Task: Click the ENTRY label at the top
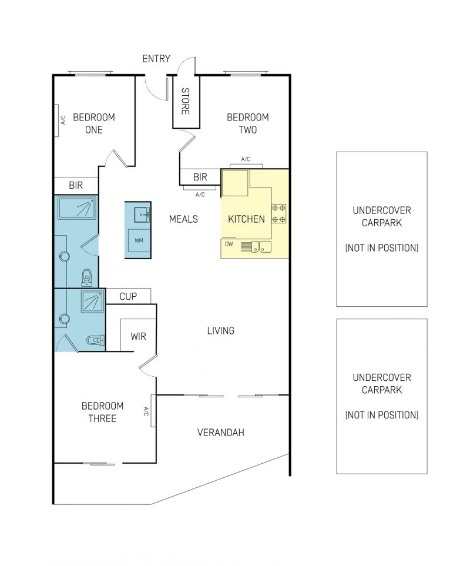(156, 58)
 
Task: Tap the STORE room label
(185, 101)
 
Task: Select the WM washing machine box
(139, 240)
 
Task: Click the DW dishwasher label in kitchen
(229, 244)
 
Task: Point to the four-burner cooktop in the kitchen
(279, 213)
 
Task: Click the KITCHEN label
(246, 219)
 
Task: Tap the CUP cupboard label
(128, 296)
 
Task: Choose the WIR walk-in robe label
(139, 336)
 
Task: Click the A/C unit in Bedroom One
(56, 120)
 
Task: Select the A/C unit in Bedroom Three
(153, 411)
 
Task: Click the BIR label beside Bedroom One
(76, 186)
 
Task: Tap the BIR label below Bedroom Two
(200, 177)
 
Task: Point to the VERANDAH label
(221, 433)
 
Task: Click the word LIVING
(221, 331)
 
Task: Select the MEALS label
(184, 219)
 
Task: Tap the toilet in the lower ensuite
(95, 340)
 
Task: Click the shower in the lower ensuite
(93, 301)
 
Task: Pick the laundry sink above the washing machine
(142, 215)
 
